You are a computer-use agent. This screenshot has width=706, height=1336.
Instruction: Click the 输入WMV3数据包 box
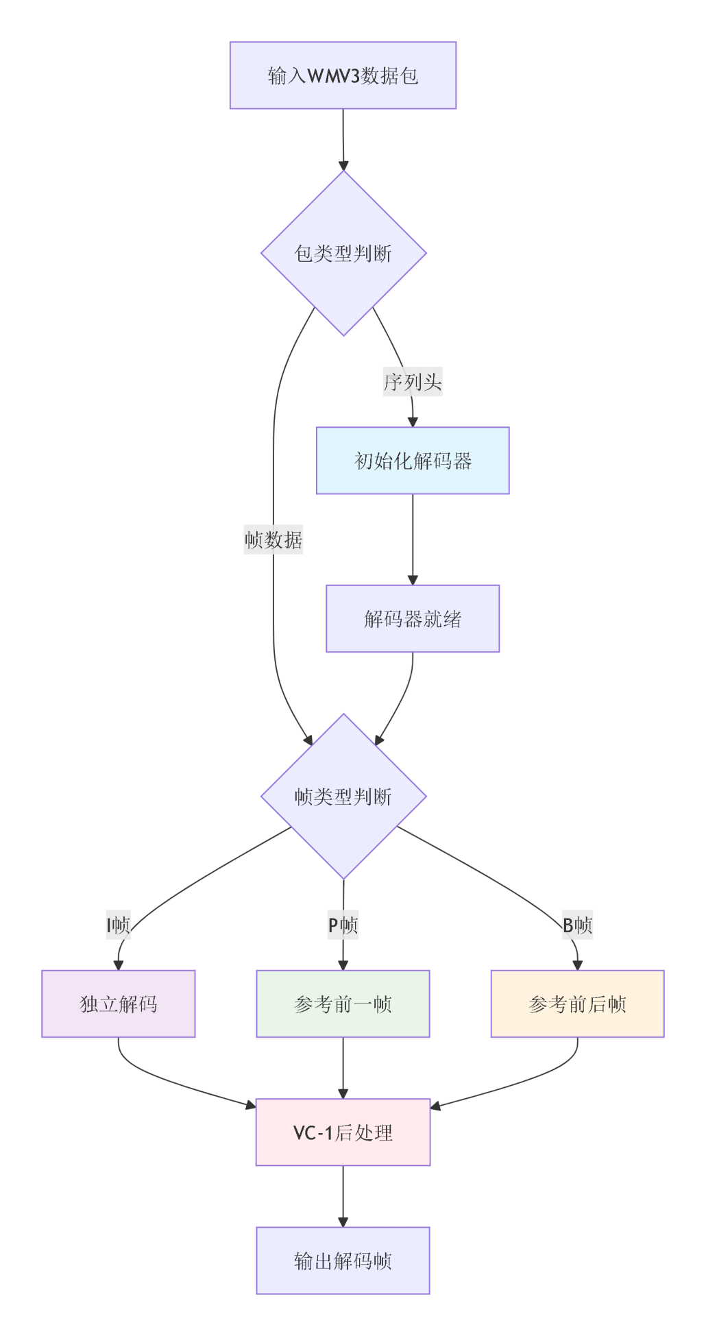(x=343, y=75)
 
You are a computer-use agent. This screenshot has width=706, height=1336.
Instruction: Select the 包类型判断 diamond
(x=343, y=253)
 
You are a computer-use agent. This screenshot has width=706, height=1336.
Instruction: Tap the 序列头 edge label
(x=413, y=382)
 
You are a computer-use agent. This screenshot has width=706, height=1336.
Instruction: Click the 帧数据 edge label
(x=273, y=540)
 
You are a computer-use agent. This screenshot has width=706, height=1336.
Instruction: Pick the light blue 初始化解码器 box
(x=413, y=461)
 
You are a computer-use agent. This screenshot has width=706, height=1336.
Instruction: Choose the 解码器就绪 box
(x=413, y=619)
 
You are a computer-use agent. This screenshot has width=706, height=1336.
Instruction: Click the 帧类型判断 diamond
(x=343, y=797)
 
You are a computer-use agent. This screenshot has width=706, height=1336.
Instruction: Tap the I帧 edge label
(x=119, y=925)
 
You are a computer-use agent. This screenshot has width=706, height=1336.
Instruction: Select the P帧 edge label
(x=343, y=925)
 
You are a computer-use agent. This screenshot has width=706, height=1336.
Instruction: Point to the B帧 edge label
(x=578, y=925)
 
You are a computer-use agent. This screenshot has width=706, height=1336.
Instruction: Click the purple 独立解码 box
(x=119, y=1004)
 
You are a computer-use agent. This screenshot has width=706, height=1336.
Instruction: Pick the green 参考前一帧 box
(x=343, y=1004)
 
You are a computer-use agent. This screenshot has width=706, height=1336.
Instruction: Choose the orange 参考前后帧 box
(x=578, y=1004)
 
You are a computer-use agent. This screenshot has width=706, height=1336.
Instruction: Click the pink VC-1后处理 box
(x=343, y=1132)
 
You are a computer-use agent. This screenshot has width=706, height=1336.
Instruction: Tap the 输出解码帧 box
(x=343, y=1261)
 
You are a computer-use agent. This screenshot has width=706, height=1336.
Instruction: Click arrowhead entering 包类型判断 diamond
(x=343, y=166)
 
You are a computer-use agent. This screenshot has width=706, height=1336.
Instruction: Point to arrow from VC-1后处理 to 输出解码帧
(x=343, y=1196)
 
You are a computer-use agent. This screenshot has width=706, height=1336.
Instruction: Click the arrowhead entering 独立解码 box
(x=119, y=965)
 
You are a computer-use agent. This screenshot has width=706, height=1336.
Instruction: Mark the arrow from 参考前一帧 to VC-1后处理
(x=343, y=1068)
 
